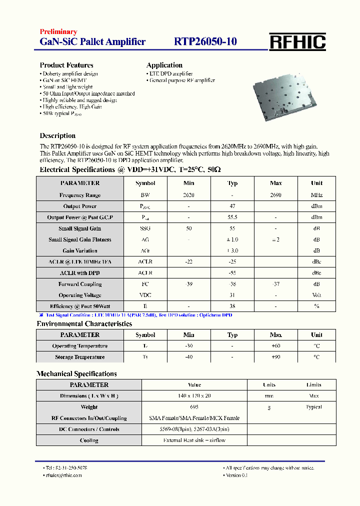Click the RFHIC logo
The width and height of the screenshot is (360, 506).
pos(297,42)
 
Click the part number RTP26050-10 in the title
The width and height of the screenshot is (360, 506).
pos(205,42)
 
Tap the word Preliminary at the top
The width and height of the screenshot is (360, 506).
pos(58,32)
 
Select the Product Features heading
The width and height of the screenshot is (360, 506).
pos(66,65)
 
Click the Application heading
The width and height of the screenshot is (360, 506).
pos(164,65)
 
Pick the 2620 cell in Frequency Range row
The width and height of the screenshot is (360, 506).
pos(189,195)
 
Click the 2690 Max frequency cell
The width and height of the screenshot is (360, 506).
pos(275,195)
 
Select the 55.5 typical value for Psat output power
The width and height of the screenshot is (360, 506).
pos(232,217)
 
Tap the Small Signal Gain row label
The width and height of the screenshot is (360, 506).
pos(80,228)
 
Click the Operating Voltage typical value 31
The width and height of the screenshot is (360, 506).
pos(232,295)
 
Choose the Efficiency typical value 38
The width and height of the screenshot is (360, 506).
pos(232,306)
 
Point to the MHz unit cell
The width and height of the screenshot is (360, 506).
pos(316,195)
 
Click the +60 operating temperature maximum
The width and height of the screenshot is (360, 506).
pos(275,346)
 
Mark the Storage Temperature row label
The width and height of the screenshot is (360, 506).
pos(80,357)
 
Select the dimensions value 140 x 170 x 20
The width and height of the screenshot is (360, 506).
pos(194,396)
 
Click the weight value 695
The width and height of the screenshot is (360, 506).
pos(194,407)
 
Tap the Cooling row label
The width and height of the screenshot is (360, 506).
pos(89,440)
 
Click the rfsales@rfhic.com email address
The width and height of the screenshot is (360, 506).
pos(63,475)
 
